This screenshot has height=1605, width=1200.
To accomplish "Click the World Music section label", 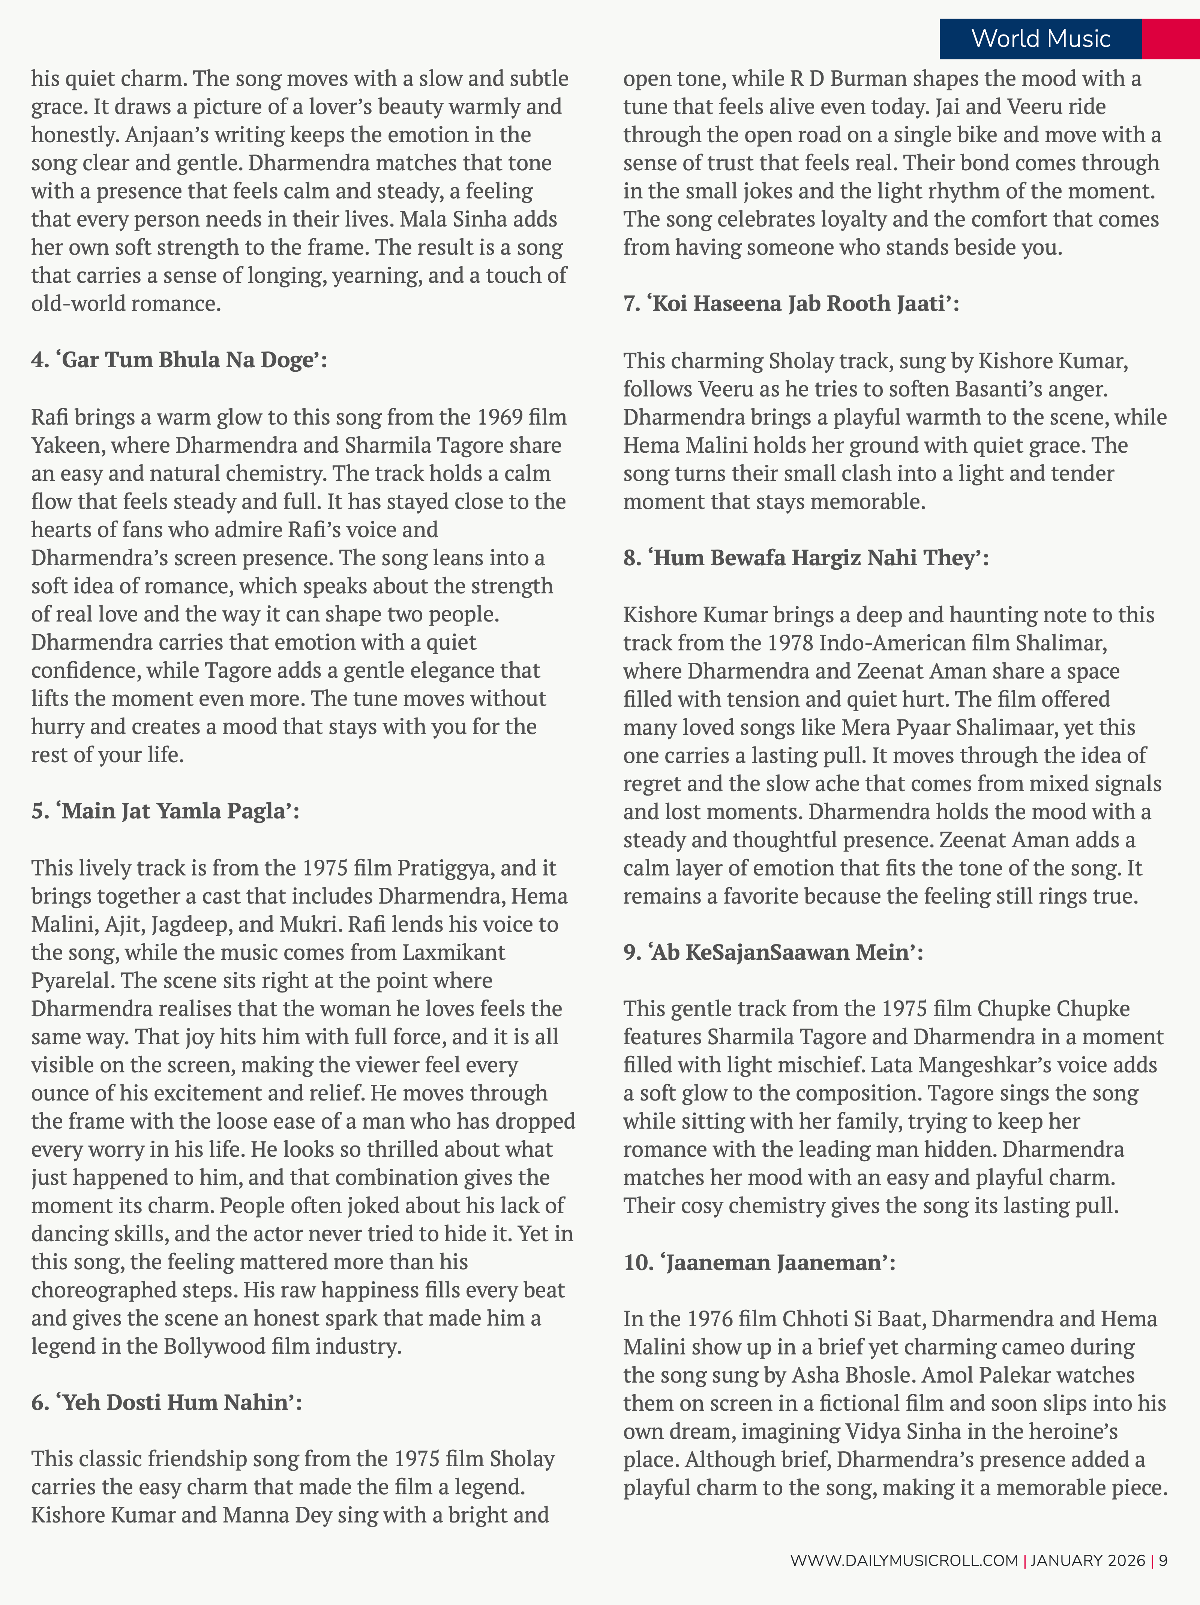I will tap(1040, 39).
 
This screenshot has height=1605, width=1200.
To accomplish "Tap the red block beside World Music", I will tap(1170, 39).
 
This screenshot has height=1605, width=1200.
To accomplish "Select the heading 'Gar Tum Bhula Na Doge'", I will tap(179, 360).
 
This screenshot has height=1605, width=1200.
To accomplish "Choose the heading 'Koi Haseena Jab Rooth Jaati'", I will tap(791, 303).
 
